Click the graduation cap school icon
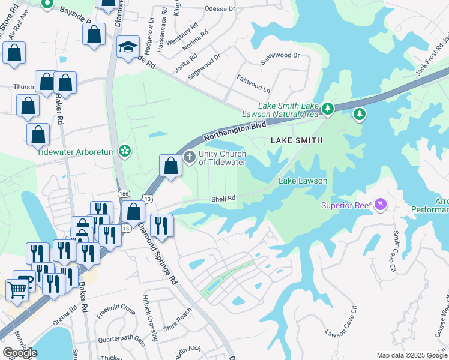[128, 48]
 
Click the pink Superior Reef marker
[379, 206]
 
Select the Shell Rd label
[222, 199]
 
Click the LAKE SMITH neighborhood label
[297, 140]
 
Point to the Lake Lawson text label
[303, 181]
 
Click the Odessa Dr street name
[219, 9]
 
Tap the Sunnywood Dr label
[279, 55]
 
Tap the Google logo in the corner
[20, 353]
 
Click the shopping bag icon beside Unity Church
[171, 166]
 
